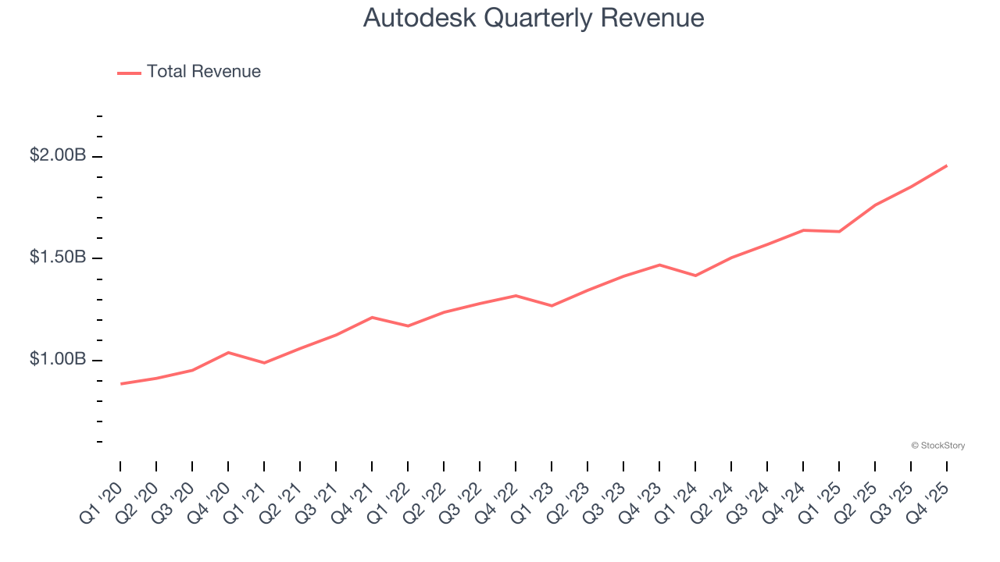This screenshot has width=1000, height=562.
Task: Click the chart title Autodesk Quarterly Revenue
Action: point(534,17)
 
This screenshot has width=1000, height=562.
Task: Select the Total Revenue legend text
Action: point(203,72)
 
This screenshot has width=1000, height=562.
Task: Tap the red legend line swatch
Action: point(129,73)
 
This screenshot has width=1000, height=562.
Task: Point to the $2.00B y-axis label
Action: point(58,156)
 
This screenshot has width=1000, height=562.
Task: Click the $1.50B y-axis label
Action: point(58,258)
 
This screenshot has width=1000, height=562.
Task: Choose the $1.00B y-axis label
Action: point(58,359)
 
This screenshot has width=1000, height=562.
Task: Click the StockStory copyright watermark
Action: point(937,446)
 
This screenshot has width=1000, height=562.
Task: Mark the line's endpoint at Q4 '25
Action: point(946,165)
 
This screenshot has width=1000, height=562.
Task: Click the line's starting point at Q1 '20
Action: point(121,383)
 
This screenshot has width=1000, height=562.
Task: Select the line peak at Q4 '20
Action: point(228,352)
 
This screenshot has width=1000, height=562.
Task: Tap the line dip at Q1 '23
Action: point(552,306)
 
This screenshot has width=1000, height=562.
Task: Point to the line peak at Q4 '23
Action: point(659,265)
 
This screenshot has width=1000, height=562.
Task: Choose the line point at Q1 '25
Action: point(839,231)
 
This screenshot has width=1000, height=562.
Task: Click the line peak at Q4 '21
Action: point(372,317)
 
